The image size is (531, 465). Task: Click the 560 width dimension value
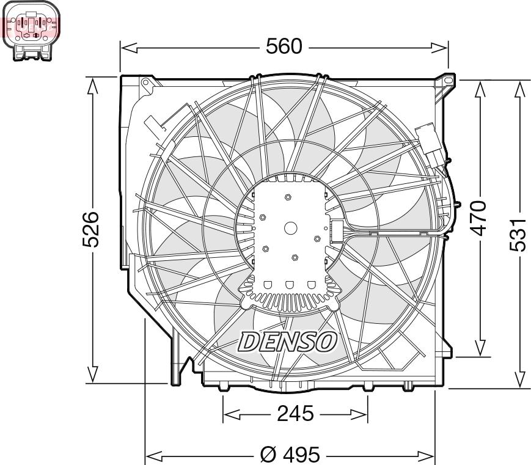pos(284,46)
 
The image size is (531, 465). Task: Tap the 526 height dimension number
pos(92,230)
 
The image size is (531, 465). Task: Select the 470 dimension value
pos(480,217)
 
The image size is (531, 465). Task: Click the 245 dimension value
pos(295,414)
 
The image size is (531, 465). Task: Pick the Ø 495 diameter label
pos(290,455)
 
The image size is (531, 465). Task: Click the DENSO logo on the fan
pos(287,342)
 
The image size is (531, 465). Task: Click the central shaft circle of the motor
pos(291,228)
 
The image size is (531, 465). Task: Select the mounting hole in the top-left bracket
pos(145,82)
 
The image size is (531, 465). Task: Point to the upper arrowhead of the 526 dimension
pos(92,86)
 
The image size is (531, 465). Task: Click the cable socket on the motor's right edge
pos(337,232)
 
